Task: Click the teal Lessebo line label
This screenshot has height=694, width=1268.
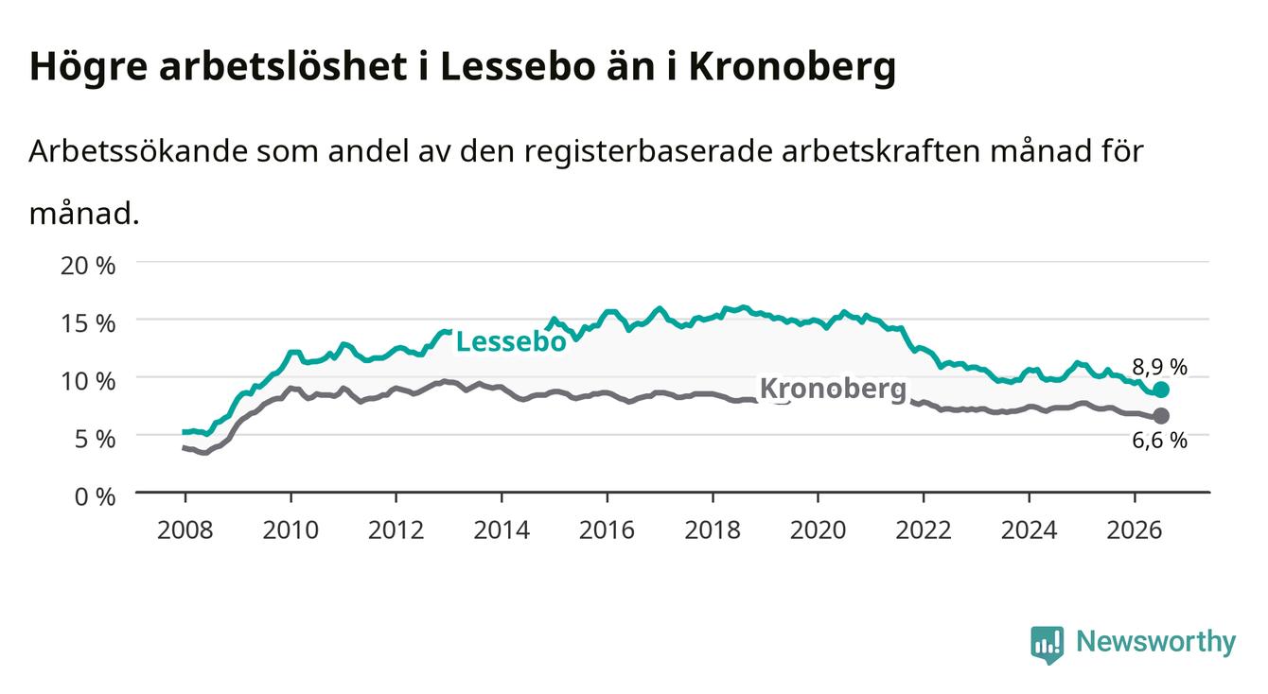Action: pyautogui.click(x=511, y=341)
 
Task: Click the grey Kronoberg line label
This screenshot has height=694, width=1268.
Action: pyautogui.click(x=833, y=390)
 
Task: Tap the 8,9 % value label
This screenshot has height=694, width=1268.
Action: pyautogui.click(x=1159, y=367)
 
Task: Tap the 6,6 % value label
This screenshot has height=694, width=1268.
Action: pyautogui.click(x=1159, y=440)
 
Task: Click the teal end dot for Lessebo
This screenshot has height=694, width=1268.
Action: pyautogui.click(x=1161, y=390)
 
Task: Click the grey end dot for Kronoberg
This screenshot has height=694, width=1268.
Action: pyautogui.click(x=1161, y=416)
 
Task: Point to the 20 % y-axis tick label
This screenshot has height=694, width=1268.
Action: pyautogui.click(x=88, y=266)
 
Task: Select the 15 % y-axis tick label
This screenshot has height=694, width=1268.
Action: pyautogui.click(x=88, y=323)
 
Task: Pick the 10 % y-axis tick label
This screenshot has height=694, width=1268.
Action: pyautogui.click(x=88, y=381)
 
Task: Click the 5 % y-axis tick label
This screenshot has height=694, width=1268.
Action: pyautogui.click(x=95, y=439)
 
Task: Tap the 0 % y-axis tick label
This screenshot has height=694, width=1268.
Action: pyautogui.click(x=95, y=496)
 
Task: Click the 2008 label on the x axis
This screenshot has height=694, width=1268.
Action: pyautogui.click(x=185, y=530)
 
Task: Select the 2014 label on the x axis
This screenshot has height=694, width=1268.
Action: pyautogui.click(x=502, y=530)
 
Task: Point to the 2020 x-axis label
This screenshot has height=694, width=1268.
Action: pyautogui.click(x=818, y=530)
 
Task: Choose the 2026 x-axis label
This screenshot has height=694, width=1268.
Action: pyautogui.click(x=1135, y=530)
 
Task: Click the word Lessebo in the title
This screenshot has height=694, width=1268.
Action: pyautogui.click(x=518, y=66)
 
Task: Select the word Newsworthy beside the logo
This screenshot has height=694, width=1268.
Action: pyautogui.click(x=1156, y=642)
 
